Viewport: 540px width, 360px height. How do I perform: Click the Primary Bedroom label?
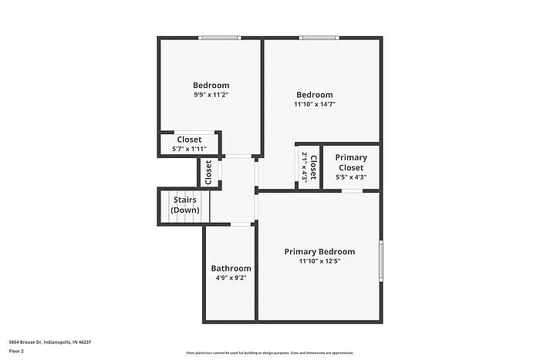click(x=319, y=251)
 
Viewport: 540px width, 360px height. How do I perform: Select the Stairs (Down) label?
click(x=184, y=205)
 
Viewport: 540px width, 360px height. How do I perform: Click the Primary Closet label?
click(x=351, y=162)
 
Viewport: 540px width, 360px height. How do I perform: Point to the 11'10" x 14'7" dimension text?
click(x=315, y=104)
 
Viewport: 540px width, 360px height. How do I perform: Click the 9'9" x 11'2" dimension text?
click(x=211, y=94)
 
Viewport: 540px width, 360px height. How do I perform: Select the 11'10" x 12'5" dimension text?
click(x=319, y=261)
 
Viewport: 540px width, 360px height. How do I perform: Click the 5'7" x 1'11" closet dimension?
click(x=189, y=149)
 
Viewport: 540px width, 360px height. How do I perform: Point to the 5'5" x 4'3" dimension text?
click(x=351, y=177)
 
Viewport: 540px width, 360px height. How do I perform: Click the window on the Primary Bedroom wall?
click(x=380, y=261)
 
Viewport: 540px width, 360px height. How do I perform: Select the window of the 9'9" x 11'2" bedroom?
click(x=219, y=38)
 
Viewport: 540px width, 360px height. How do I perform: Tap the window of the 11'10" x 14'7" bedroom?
click(x=318, y=38)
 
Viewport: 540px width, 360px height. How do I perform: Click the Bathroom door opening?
click(x=241, y=224)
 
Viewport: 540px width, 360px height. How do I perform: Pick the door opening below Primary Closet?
click(x=353, y=190)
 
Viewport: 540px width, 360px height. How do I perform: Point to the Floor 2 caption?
click(x=17, y=351)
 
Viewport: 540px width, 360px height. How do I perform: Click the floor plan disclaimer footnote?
click(x=269, y=352)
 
